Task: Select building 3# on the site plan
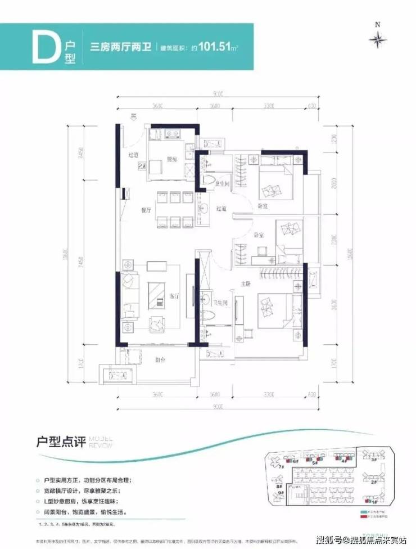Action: click(373, 460)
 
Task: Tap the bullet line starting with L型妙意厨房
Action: click(89, 501)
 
